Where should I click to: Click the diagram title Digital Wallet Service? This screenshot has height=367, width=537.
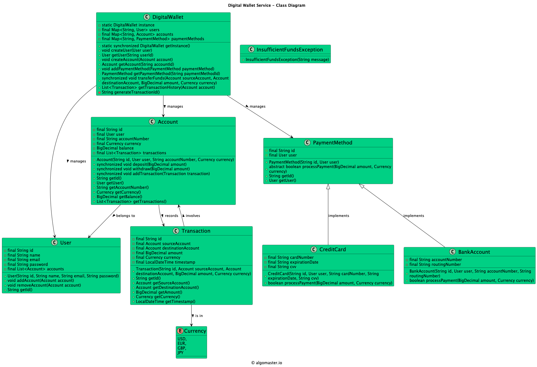click(x=266, y=5)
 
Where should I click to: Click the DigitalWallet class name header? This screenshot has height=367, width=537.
click(x=168, y=17)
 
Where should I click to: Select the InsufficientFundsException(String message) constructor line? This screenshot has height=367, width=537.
click(x=287, y=60)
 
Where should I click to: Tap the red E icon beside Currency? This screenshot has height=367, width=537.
click(x=180, y=331)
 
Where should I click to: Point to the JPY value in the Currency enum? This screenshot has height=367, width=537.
click(x=180, y=353)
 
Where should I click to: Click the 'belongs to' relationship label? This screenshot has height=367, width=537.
click(x=125, y=216)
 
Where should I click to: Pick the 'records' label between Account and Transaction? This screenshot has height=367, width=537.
click(x=171, y=216)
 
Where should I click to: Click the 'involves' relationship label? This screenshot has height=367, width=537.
click(x=193, y=216)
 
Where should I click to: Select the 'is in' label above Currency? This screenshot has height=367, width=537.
click(x=199, y=316)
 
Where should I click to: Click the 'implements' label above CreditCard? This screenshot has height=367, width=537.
click(x=339, y=216)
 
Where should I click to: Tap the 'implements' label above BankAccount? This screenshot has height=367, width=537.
click(x=414, y=216)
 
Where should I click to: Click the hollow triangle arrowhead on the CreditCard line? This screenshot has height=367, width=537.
click(x=328, y=187)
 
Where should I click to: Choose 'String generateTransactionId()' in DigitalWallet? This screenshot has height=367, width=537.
click(x=131, y=92)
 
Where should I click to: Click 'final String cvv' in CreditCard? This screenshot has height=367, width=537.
click(x=282, y=267)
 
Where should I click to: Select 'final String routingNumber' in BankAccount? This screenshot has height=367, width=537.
click(x=435, y=264)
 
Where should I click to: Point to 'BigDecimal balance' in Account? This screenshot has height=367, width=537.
click(x=115, y=148)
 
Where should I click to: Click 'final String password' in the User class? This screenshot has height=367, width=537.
click(x=28, y=264)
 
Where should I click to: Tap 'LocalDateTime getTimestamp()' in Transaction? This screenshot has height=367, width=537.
click(x=165, y=302)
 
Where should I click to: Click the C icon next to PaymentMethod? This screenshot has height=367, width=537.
click(x=307, y=143)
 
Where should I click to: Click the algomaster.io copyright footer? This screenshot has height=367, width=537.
click(x=266, y=363)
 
